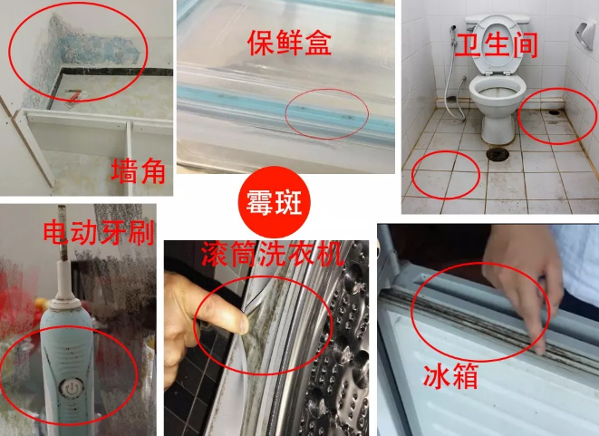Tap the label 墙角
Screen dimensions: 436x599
coord(138,170)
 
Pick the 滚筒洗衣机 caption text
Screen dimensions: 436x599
coord(272,253)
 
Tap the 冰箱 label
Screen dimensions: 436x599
coord(451,374)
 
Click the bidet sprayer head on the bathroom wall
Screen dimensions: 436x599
coord(452,34)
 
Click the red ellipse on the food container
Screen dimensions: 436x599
coord(327,113)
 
